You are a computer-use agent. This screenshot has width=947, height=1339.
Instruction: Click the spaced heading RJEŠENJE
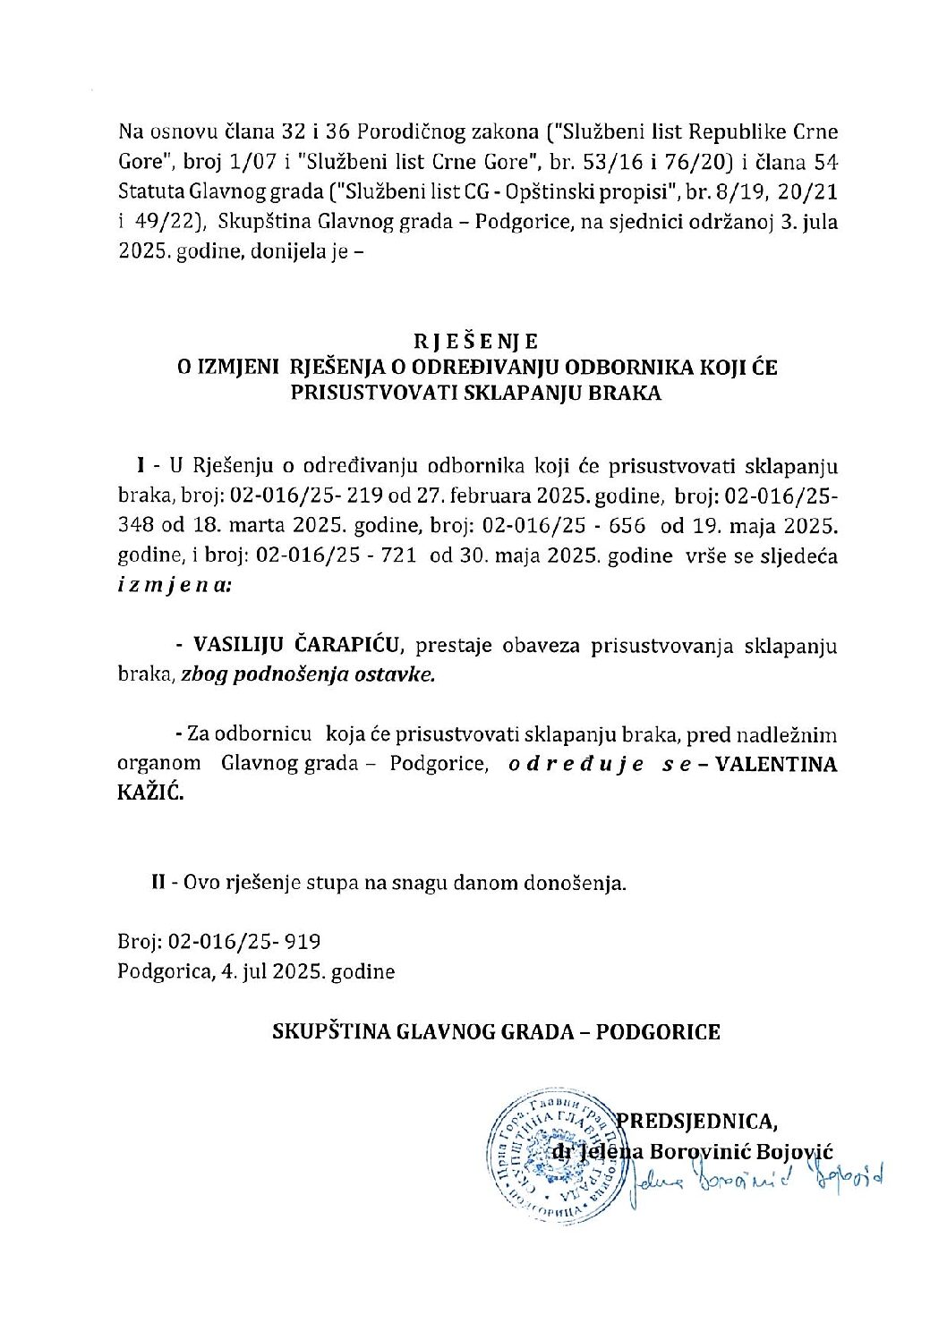pos(474,342)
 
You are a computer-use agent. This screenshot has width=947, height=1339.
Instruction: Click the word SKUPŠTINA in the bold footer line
pos(322,1032)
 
